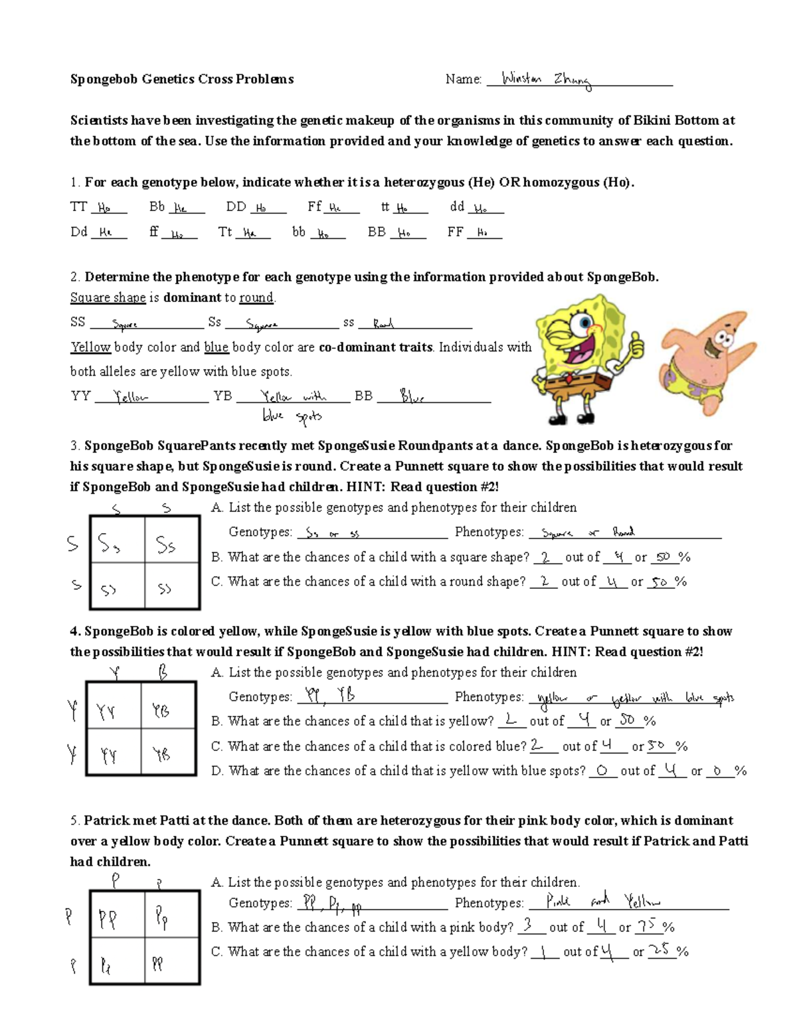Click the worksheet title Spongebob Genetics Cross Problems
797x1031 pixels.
[x=182, y=79]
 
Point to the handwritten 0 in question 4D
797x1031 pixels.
[x=602, y=770]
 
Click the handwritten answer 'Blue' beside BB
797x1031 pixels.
[x=412, y=396]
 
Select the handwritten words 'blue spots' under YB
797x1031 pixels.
[x=292, y=416]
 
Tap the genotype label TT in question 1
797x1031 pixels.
[x=78, y=206]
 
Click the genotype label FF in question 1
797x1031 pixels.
[x=455, y=232]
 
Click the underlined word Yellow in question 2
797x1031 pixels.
[x=90, y=347]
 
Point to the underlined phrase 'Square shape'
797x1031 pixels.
[x=108, y=297]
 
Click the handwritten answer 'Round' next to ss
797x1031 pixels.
[x=383, y=323]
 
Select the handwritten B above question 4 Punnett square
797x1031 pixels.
[x=163, y=673]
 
